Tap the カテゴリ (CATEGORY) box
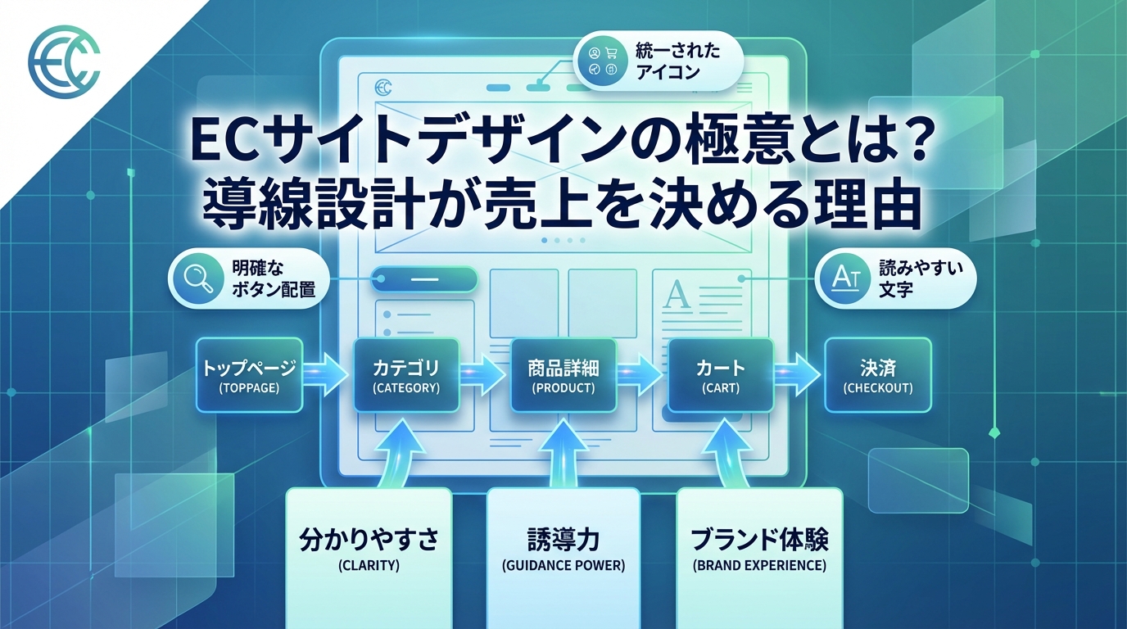406,376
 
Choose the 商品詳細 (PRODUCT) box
563,376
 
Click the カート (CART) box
721,376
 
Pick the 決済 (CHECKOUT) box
877,376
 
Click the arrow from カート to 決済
797,373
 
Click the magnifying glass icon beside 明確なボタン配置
197,278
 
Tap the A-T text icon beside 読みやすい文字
843,278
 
